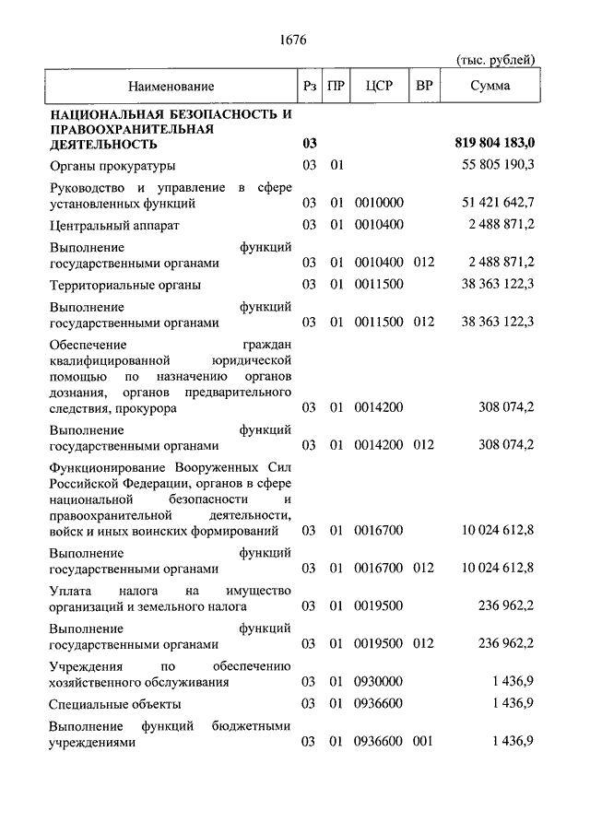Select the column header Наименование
[171, 87]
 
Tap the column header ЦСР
[379, 87]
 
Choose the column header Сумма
[491, 87]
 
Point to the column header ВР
[424, 87]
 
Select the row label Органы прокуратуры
[112, 166]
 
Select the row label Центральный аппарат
[115, 225]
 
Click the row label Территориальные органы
[124, 285]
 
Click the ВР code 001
[423, 742]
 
